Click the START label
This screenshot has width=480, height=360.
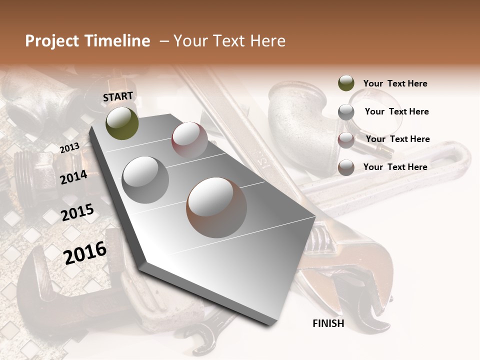pyautogui.click(x=118, y=96)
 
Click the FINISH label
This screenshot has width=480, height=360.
pyautogui.click(x=328, y=323)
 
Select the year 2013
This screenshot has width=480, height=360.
pyautogui.click(x=69, y=148)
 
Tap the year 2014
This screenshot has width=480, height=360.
pyautogui.click(x=74, y=177)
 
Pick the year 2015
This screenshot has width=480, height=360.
pyautogui.click(x=77, y=212)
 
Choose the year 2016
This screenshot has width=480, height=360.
pyautogui.click(x=85, y=252)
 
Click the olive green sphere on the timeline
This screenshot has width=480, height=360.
pyautogui.click(x=122, y=123)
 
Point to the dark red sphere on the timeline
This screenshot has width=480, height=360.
pyautogui.click(x=189, y=140)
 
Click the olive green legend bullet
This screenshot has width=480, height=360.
pyautogui.click(x=346, y=83)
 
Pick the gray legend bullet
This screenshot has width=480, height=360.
pyautogui.click(x=346, y=112)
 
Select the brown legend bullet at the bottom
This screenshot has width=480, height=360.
pyautogui.click(x=346, y=167)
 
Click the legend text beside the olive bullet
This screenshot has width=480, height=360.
pyautogui.click(x=395, y=83)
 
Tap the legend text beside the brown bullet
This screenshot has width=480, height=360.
pyautogui.click(x=395, y=167)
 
